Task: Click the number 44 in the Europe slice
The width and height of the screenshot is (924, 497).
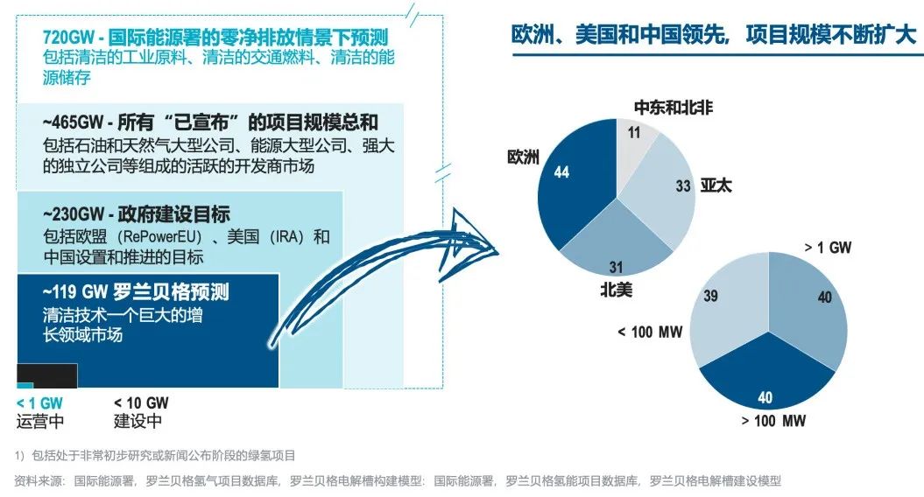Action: pyautogui.click(x=561, y=172)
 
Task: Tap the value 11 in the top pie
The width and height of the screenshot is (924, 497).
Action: pyautogui.click(x=634, y=134)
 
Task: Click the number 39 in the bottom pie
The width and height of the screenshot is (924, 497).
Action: pyautogui.click(x=710, y=297)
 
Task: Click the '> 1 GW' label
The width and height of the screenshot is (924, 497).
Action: pyautogui.click(x=829, y=248)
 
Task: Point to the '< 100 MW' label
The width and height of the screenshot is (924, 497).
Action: pyautogui.click(x=649, y=332)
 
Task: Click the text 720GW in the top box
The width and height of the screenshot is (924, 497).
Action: pyautogui.click(x=68, y=38)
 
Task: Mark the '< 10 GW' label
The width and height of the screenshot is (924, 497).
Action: pyautogui.click(x=141, y=403)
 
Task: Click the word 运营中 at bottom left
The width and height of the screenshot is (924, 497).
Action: pyautogui.click(x=40, y=421)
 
